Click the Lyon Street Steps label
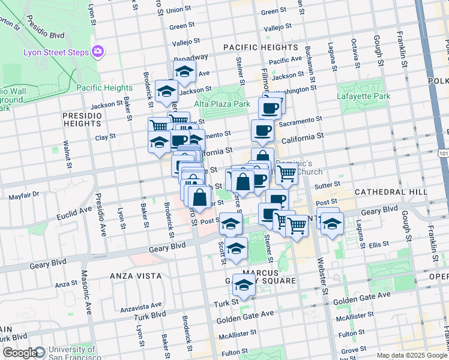pyautogui.click(x=56, y=52)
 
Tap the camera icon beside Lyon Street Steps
pyautogui.click(x=98, y=52)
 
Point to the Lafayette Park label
pyautogui.click(x=364, y=96)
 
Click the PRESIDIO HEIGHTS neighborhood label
pyautogui.click(x=82, y=119)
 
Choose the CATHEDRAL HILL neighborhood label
pyautogui.click(x=391, y=191)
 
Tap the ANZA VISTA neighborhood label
pyautogui.click(x=136, y=275)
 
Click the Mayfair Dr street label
pyautogui.click(x=23, y=195)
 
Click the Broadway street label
pyautogui.click(x=191, y=58)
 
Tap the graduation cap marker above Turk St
pyautogui.click(x=244, y=286)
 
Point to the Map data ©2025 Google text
pyautogui.click(x=412, y=355)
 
